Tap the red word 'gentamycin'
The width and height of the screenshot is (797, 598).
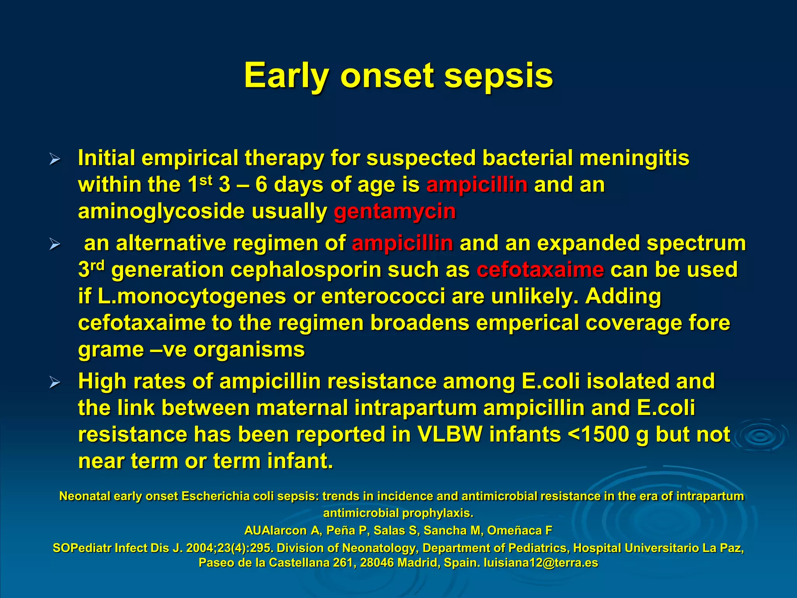click(395, 211)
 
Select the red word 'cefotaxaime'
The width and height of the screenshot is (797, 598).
click(540, 269)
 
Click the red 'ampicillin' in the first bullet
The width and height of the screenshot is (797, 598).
click(477, 185)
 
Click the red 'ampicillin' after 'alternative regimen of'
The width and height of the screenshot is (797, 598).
click(402, 243)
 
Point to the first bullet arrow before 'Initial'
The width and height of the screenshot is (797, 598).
click(55, 159)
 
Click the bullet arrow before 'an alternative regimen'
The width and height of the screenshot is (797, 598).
click(55, 244)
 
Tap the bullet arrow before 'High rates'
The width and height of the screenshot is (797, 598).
click(55, 383)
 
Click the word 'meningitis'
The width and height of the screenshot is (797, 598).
click(634, 158)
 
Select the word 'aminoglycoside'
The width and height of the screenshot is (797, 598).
click(162, 211)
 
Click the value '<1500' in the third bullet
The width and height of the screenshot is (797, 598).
click(598, 434)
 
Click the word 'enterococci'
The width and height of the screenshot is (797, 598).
click(383, 296)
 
